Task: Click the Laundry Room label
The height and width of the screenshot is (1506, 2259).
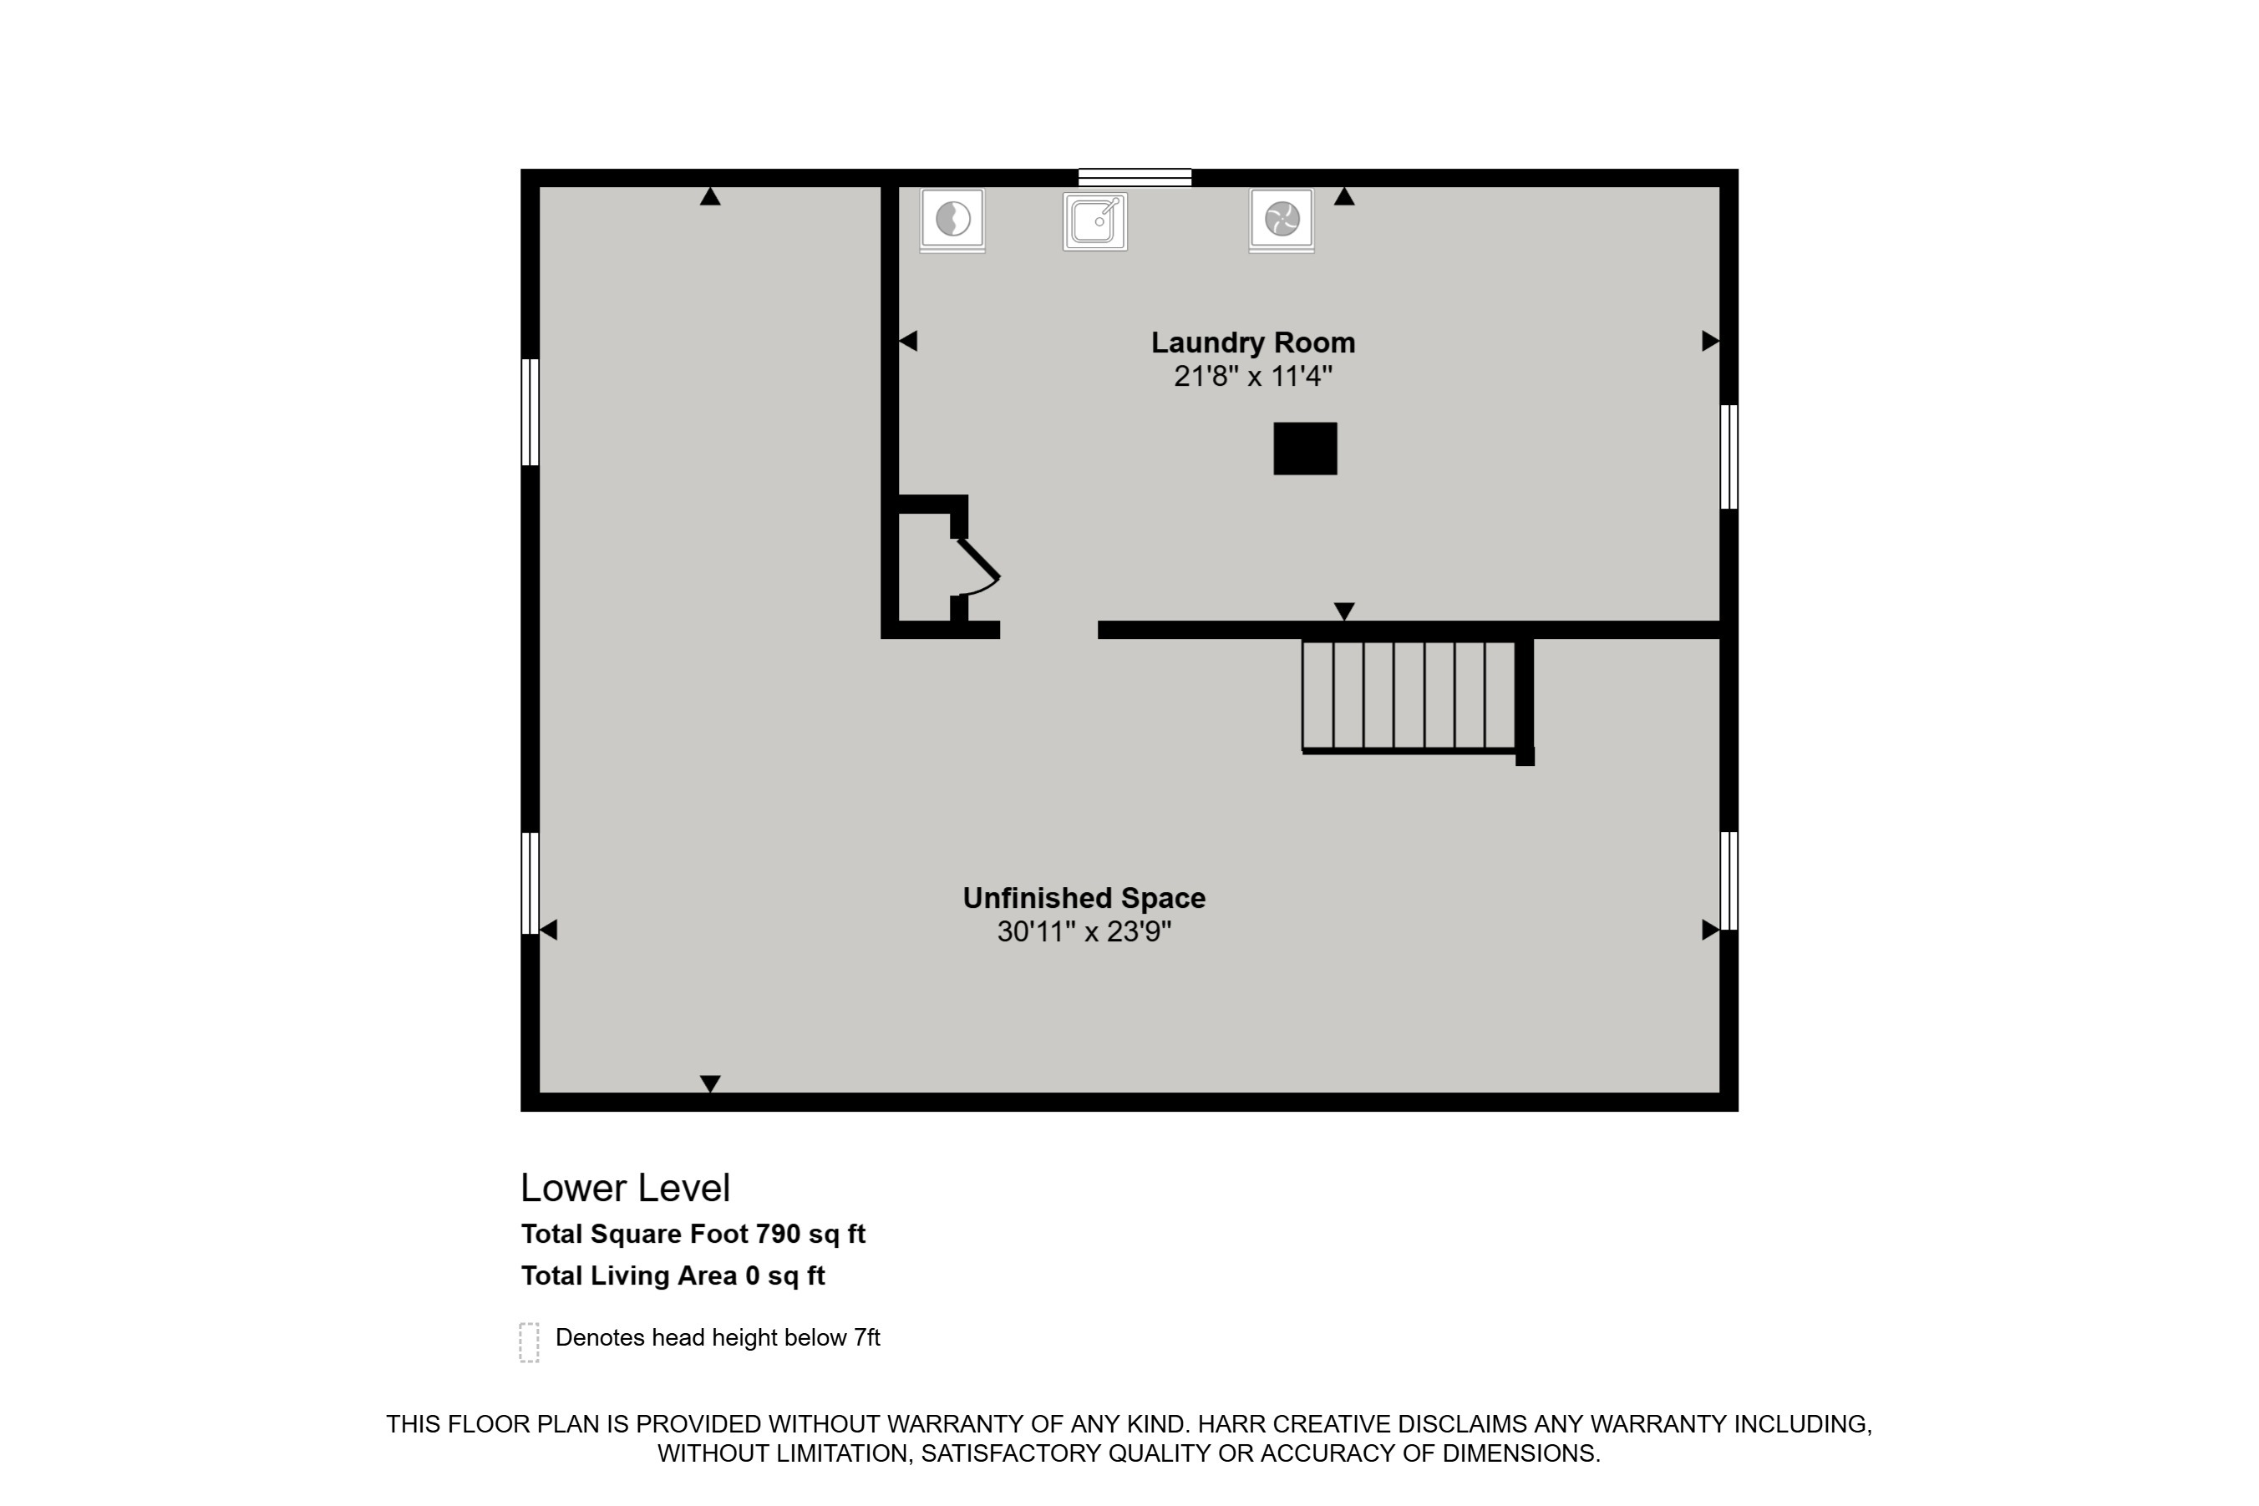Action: [x=1253, y=343]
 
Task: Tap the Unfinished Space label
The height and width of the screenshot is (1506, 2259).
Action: [x=1084, y=898]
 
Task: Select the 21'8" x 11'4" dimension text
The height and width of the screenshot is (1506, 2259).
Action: [x=1253, y=376]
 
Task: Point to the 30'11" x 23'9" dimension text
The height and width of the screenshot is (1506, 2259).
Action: [x=1084, y=931]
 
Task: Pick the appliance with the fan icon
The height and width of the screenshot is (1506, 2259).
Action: [x=1282, y=221]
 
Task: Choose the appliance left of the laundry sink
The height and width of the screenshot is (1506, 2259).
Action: [x=952, y=221]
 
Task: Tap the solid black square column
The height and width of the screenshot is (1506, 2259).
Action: [x=1305, y=449]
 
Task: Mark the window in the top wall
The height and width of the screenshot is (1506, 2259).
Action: [x=1135, y=178]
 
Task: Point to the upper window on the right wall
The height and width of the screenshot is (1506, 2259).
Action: [x=1729, y=456]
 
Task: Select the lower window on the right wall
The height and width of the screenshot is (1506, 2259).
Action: [x=1729, y=880]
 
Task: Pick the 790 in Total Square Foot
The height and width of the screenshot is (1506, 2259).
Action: [x=778, y=1235]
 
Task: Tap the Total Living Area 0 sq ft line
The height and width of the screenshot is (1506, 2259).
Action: [x=673, y=1276]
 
